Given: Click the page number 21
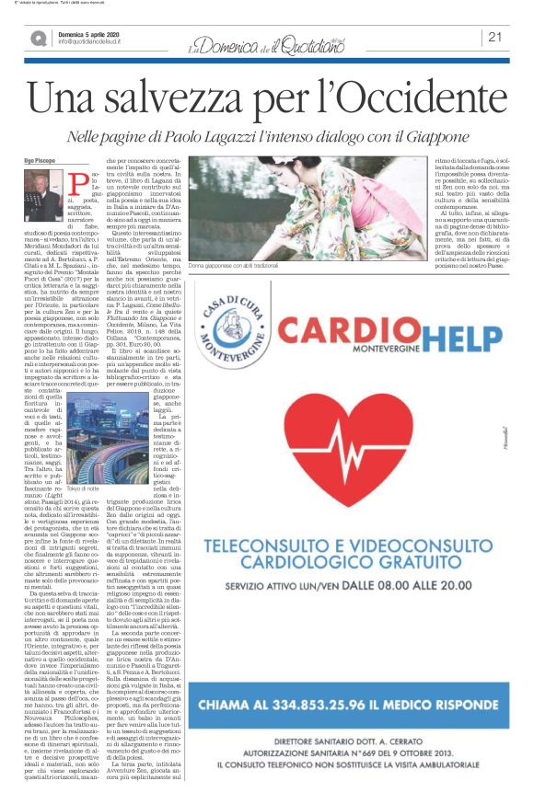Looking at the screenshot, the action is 494,37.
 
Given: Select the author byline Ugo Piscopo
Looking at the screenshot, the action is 40,160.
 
